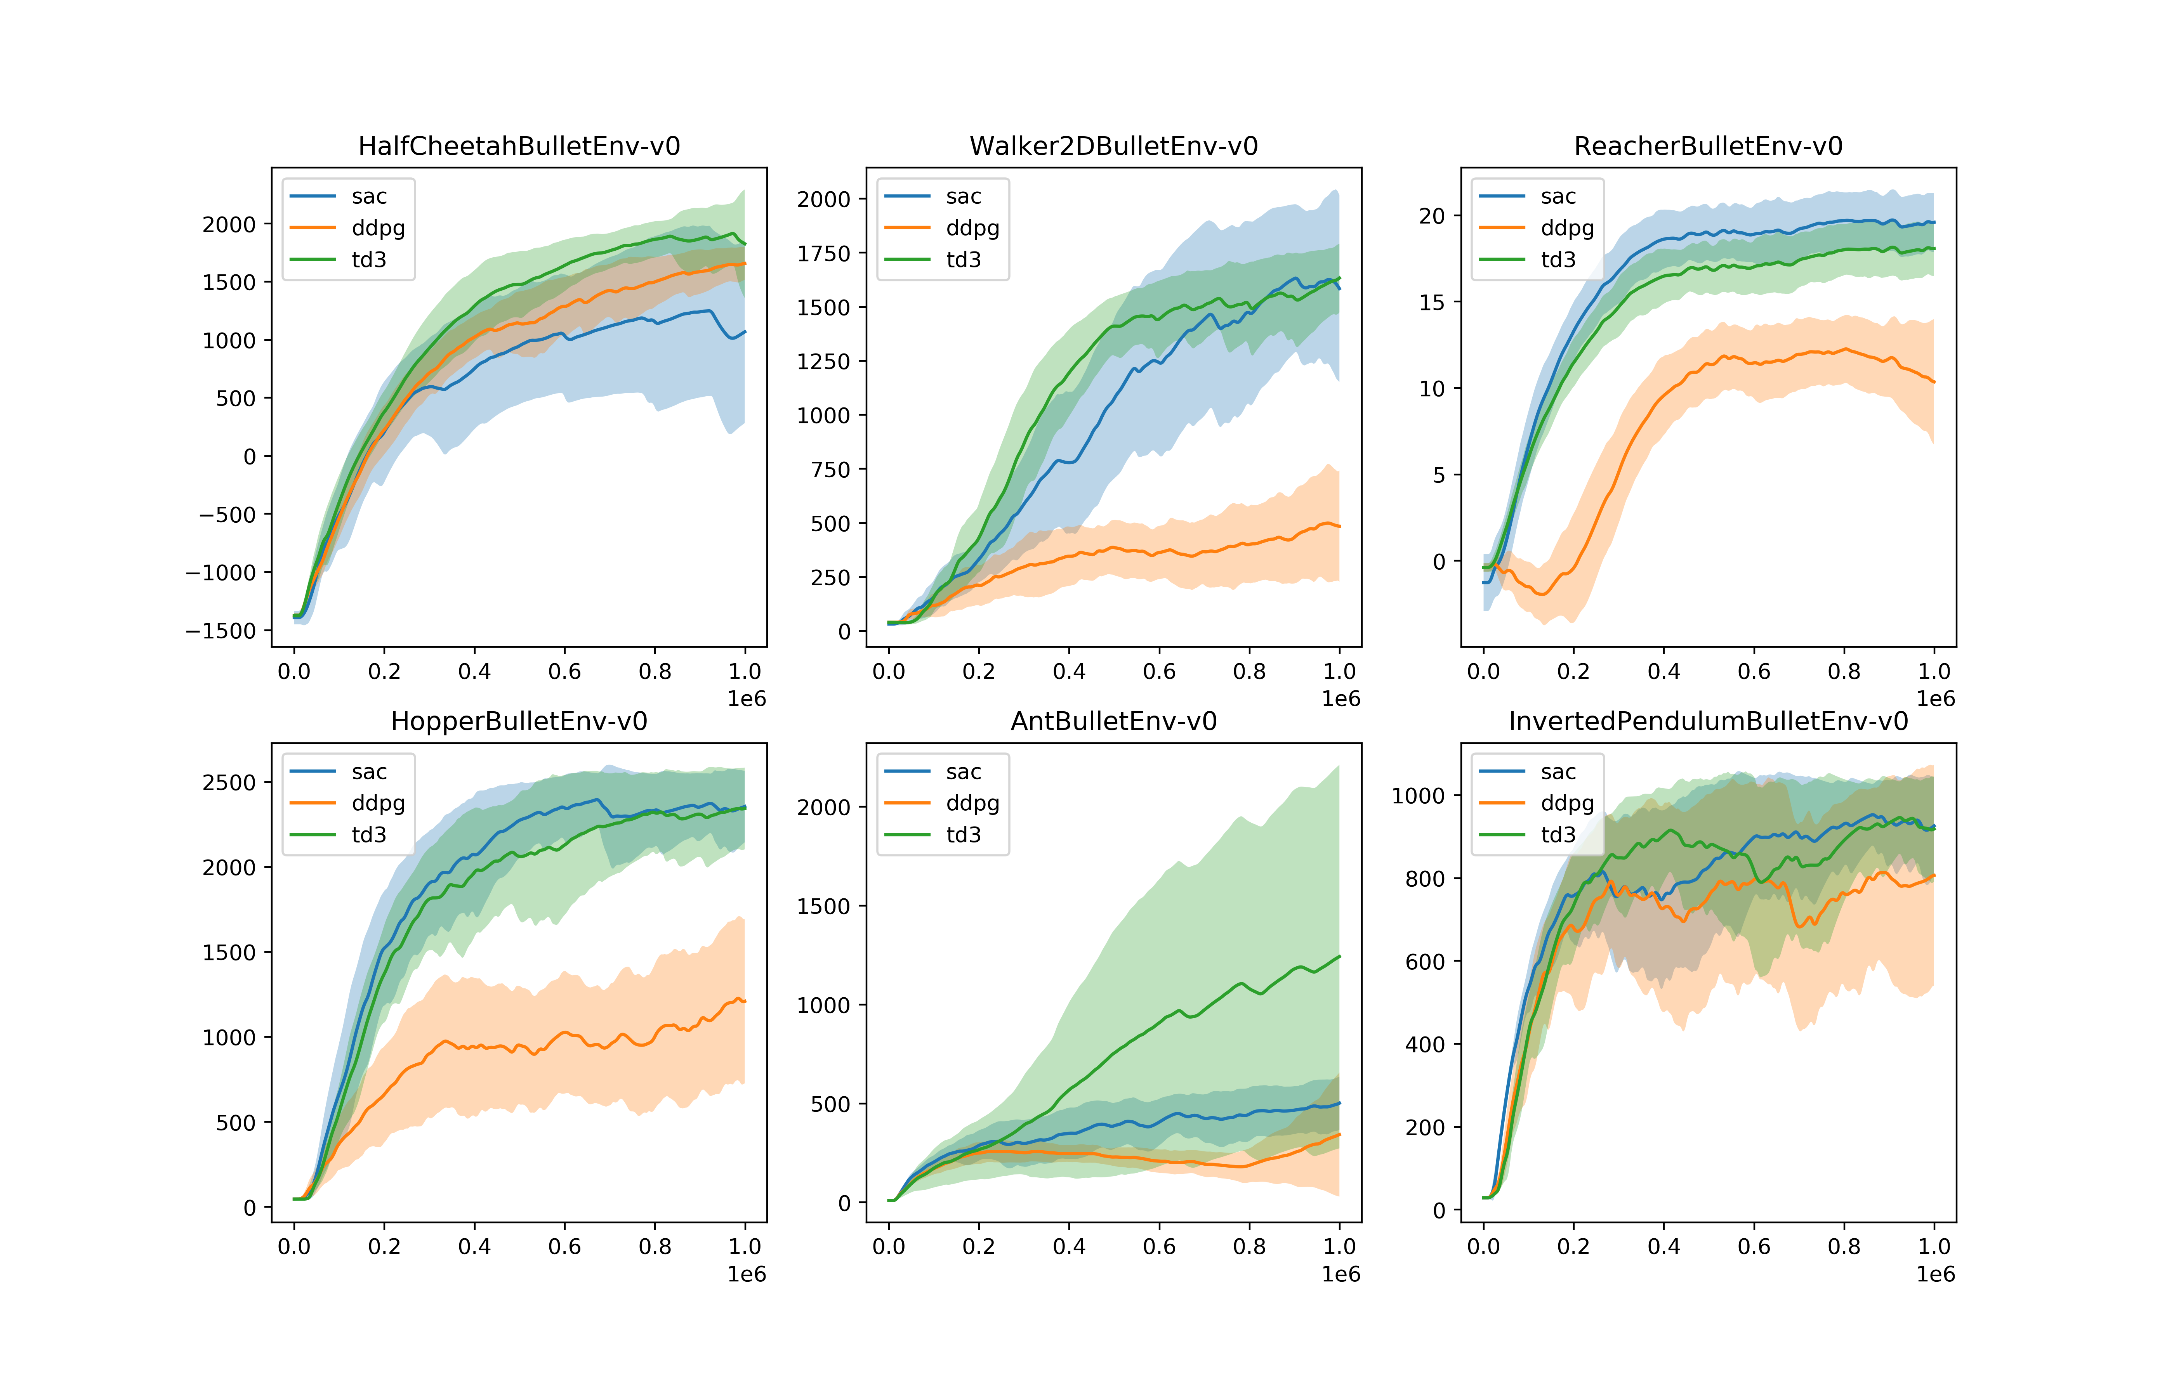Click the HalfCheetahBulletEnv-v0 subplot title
(x=519, y=146)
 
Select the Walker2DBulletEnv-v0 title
(x=1113, y=146)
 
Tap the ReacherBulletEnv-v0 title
(x=1708, y=146)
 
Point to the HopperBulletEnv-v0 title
(x=519, y=721)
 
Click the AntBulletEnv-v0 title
(x=1113, y=721)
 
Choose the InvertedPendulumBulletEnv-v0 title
(x=1708, y=721)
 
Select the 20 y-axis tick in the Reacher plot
(x=1432, y=216)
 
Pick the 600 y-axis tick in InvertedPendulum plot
(x=1424, y=962)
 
